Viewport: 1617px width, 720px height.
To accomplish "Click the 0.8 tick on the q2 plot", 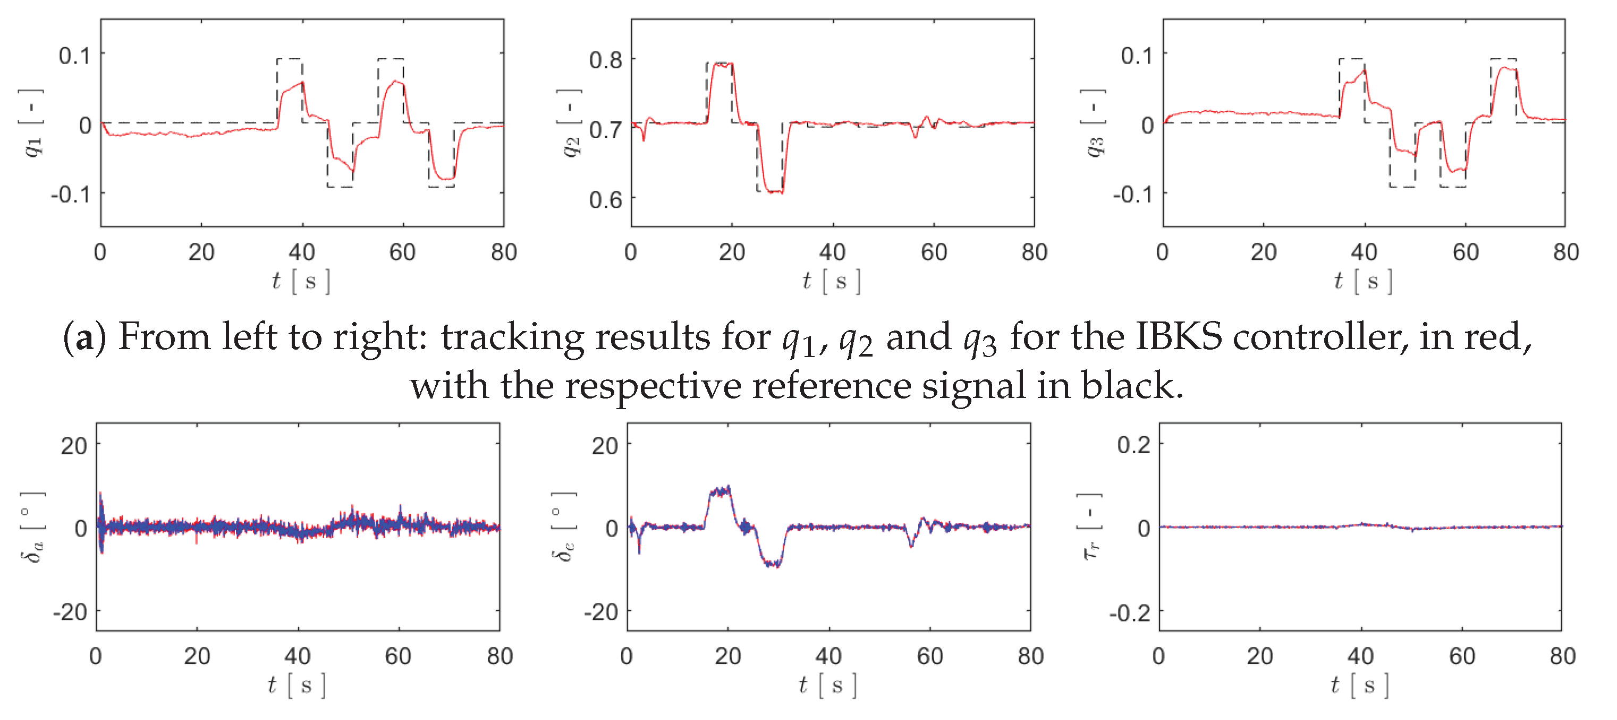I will tap(605, 60).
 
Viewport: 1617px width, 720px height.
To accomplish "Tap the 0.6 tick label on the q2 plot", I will tap(605, 200).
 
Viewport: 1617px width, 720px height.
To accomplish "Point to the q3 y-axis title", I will tap(1093, 123).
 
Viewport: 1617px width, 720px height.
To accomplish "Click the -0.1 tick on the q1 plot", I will tap(71, 194).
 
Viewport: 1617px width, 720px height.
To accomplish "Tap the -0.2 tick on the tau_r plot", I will tap(1130, 612).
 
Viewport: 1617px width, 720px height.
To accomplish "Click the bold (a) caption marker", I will tap(84, 337).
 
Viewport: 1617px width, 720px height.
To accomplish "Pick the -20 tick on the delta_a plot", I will tap(70, 612).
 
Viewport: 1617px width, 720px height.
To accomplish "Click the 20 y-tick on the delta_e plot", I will tap(605, 446).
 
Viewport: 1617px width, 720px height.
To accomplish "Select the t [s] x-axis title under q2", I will tap(832, 281).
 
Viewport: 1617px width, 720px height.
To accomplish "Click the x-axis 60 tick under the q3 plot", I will tap(1465, 252).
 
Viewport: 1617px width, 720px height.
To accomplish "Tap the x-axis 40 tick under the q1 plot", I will tap(301, 252).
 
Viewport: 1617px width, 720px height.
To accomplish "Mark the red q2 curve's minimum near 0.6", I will tap(775, 191).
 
